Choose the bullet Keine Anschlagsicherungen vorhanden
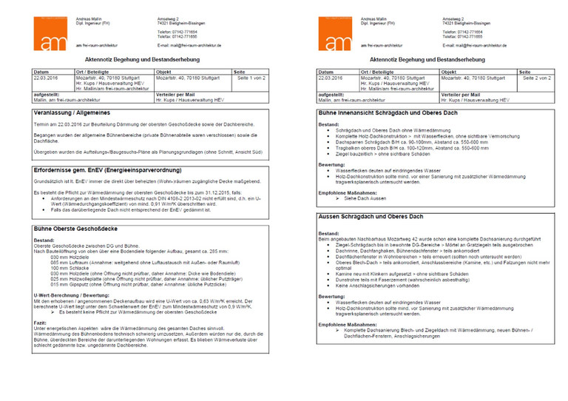tap(378, 286)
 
